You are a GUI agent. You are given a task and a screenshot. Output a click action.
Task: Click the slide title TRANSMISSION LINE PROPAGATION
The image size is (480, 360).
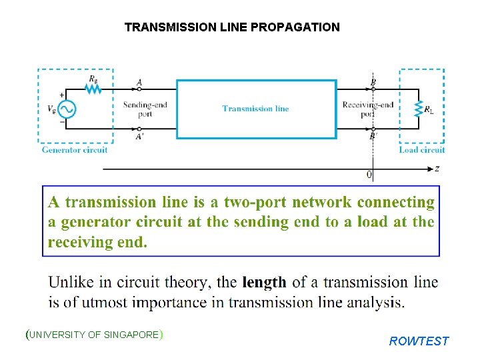pyautogui.click(x=232, y=27)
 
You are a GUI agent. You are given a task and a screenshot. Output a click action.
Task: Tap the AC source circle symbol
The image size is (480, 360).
pyautogui.click(x=67, y=109)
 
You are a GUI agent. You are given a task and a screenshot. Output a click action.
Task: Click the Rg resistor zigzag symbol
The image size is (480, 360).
pyautogui.click(x=93, y=87)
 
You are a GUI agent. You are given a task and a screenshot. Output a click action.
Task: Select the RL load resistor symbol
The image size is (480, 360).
pyautogui.click(x=419, y=109)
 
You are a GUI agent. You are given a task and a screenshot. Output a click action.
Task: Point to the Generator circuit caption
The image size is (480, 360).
pyautogui.click(x=75, y=150)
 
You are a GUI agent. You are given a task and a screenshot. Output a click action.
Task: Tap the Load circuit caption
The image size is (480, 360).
pyautogui.click(x=422, y=150)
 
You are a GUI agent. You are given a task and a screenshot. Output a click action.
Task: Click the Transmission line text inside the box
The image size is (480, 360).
pyautogui.click(x=255, y=109)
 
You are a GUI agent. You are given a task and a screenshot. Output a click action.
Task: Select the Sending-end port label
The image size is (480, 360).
pyautogui.click(x=145, y=109)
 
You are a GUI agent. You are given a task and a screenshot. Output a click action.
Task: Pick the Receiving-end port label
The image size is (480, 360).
pyautogui.click(x=367, y=109)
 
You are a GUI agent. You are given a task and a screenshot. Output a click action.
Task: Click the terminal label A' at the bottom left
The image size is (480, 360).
pyautogui.click(x=139, y=137)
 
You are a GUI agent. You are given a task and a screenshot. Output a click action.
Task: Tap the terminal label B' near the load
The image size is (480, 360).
pyautogui.click(x=373, y=137)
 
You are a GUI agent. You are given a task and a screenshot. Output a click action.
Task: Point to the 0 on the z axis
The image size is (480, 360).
pyautogui.click(x=369, y=175)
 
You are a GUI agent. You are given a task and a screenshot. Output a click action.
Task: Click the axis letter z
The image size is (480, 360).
pyautogui.click(x=437, y=169)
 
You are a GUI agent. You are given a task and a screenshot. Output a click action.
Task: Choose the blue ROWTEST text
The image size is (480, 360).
pyautogui.click(x=419, y=341)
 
